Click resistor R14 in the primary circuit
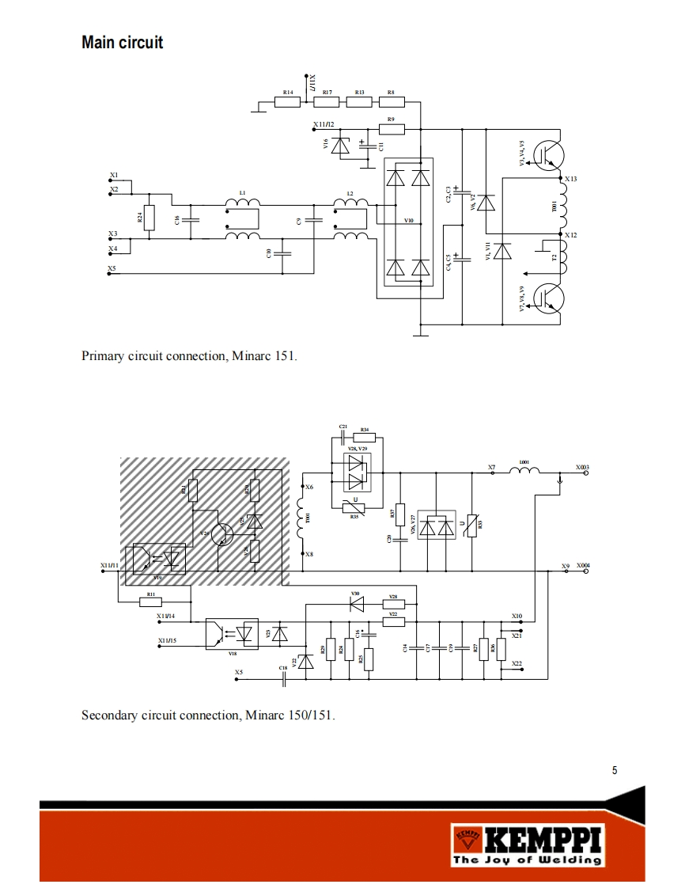click(288, 101)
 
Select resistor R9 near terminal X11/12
click(391, 128)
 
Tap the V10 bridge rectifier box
click(408, 222)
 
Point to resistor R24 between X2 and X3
click(149, 217)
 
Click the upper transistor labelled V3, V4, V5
click(547, 154)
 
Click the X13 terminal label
click(570, 180)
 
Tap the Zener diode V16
click(342, 146)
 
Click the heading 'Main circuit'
click(122, 43)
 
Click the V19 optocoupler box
click(159, 559)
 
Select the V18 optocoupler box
click(232, 634)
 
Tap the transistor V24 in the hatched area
click(225, 535)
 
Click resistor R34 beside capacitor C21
click(365, 437)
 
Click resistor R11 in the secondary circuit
click(150, 601)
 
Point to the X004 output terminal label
click(583, 566)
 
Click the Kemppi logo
click(527, 844)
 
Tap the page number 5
click(615, 770)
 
